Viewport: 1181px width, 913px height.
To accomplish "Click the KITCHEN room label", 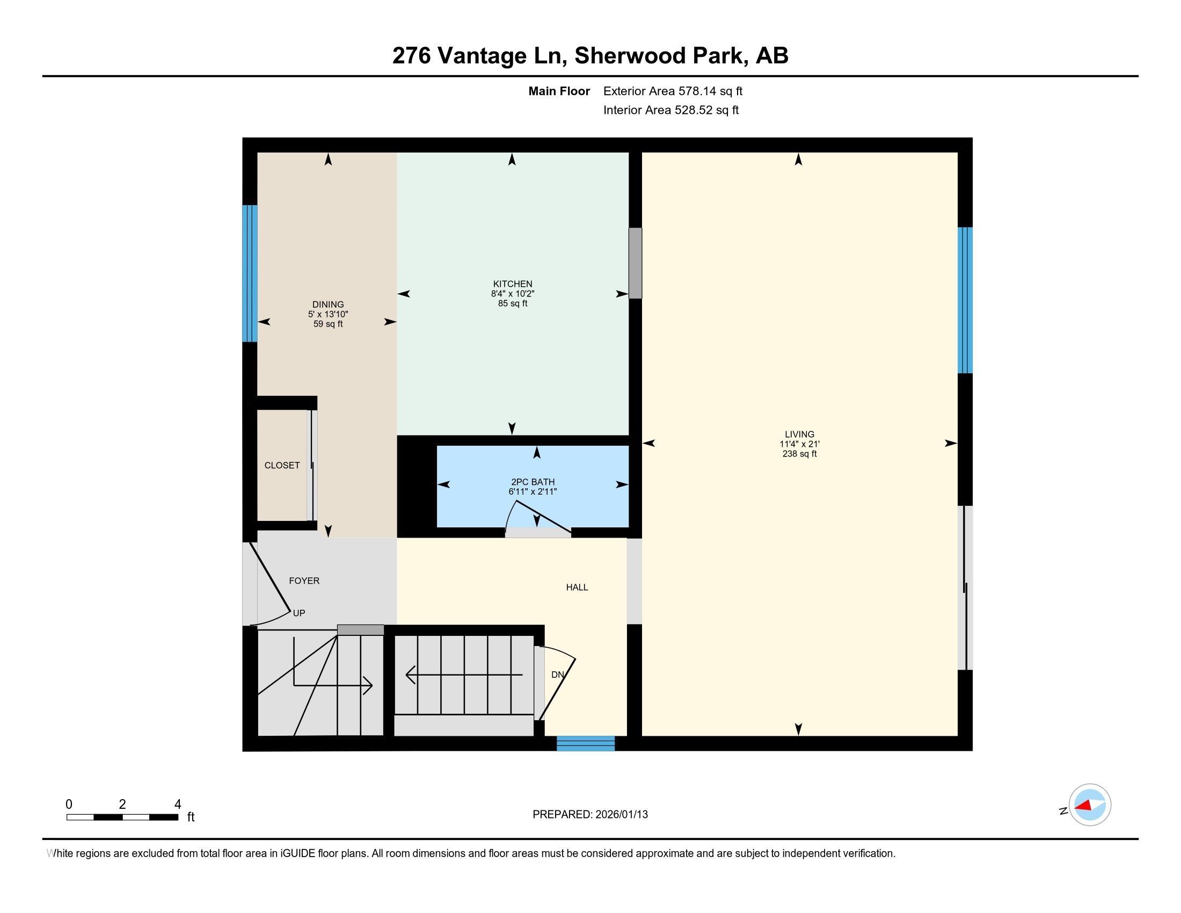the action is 513,284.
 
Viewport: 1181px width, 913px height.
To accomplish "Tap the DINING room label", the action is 327,305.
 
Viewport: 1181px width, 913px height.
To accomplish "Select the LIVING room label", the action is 799,434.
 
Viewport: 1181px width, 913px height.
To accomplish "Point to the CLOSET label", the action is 282,465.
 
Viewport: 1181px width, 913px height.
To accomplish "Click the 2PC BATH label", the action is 533,482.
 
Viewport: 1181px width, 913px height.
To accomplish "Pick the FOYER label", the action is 304,581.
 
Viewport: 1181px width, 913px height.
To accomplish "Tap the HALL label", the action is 577,588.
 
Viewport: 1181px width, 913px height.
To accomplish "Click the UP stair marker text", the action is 299,613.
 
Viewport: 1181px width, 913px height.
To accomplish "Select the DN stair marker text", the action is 558,675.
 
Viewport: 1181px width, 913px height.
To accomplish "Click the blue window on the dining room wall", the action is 250,273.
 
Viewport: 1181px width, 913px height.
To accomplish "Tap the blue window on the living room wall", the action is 965,300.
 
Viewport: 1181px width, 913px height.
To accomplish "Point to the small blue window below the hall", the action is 586,744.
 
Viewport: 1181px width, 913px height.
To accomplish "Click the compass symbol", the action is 1089,805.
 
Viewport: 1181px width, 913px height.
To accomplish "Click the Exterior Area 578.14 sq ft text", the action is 673,91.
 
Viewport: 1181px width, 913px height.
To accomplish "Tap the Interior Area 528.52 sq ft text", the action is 670,110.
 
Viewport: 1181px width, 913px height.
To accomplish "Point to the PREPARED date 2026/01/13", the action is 621,815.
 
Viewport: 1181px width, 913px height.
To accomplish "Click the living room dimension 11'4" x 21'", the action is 799,444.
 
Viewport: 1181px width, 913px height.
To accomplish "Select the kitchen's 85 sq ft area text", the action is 513,303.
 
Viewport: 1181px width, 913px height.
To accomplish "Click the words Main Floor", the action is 559,91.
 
